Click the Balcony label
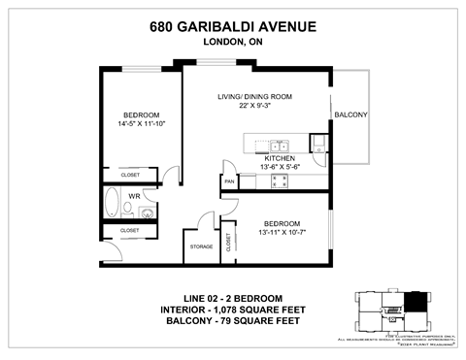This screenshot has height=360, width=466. pyautogui.click(x=350, y=115)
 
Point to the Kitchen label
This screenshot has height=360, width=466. pyautogui.click(x=280, y=157)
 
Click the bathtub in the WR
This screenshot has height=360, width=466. pyautogui.click(x=112, y=205)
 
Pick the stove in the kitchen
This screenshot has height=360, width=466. pyautogui.click(x=318, y=145)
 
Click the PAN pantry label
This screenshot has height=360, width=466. pyautogui.click(x=229, y=181)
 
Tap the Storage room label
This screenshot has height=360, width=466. pyautogui.click(x=201, y=246)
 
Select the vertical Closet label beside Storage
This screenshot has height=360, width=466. pyautogui.click(x=228, y=243)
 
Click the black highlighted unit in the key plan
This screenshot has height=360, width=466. pyautogui.click(x=416, y=303)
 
